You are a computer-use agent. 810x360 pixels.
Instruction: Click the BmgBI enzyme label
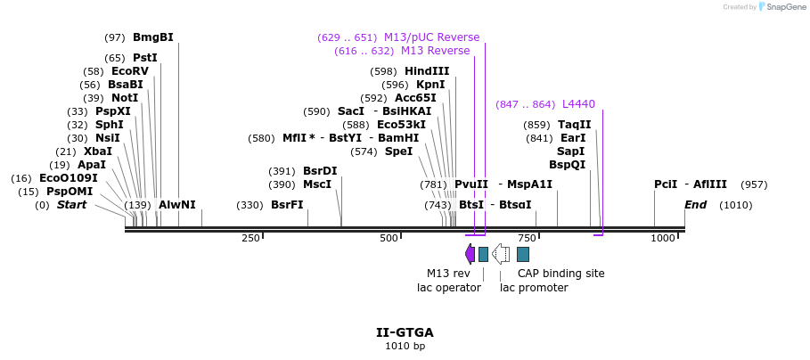[x=152, y=37]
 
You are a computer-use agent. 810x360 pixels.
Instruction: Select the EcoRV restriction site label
[x=129, y=71]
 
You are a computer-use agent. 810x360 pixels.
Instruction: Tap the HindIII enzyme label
[x=427, y=71]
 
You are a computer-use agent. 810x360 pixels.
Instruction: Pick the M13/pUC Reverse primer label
[x=431, y=37]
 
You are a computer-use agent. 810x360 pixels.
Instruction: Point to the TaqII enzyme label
[x=574, y=125]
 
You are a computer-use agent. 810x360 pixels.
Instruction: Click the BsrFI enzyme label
[x=287, y=205]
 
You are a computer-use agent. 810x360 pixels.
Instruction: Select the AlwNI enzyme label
[x=176, y=205]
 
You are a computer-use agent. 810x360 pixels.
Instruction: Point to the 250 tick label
[x=250, y=239]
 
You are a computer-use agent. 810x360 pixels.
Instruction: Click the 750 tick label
[x=527, y=239]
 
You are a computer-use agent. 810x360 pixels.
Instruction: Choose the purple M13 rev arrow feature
[x=470, y=254]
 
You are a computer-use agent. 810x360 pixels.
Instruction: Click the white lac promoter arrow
[x=501, y=254]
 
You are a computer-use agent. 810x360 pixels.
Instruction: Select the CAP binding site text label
[x=560, y=274]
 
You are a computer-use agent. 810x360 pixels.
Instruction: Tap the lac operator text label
[x=449, y=288]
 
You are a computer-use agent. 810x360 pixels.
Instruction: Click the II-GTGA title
[x=405, y=332]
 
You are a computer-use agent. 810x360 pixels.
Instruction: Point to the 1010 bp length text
[x=405, y=346]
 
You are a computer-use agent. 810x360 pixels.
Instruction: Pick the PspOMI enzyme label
[x=70, y=192]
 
